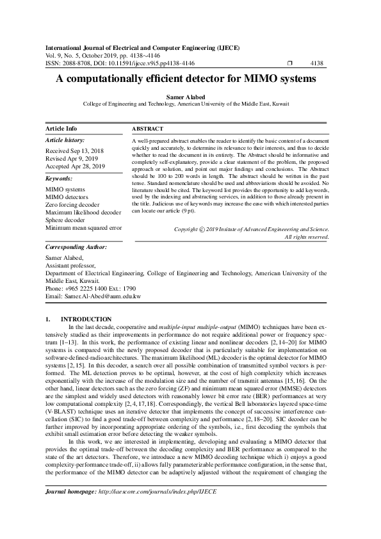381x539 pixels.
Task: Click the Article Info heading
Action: click(61, 129)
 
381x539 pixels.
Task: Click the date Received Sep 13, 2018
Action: click(74, 151)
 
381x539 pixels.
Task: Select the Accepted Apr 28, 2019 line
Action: click(75, 166)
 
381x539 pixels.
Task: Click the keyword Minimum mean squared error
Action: click(84, 227)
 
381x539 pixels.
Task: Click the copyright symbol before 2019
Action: click(203, 229)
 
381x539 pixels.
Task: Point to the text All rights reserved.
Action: click(307, 237)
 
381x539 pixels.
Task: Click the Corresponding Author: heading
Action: click(76, 246)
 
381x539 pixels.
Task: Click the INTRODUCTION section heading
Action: click(86, 319)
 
